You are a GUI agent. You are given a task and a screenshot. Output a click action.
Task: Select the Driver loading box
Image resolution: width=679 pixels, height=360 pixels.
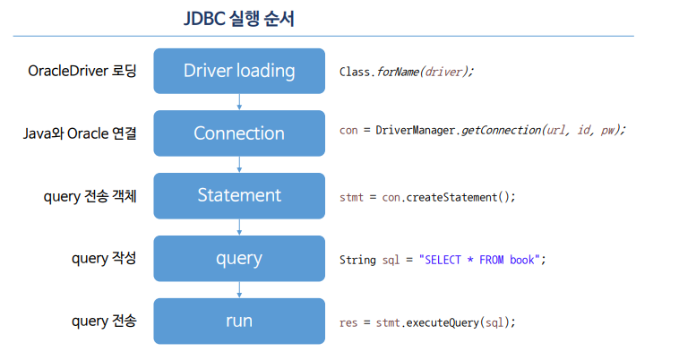tap(238, 71)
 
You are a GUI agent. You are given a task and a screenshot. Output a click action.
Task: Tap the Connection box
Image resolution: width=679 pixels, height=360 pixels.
tap(238, 133)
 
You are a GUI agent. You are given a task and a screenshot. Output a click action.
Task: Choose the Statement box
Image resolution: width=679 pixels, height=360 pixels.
tap(238, 195)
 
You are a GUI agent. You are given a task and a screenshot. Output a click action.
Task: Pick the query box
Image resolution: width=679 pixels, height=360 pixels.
tap(238, 259)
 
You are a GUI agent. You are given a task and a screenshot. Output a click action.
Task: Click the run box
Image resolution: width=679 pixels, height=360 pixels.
tap(238, 321)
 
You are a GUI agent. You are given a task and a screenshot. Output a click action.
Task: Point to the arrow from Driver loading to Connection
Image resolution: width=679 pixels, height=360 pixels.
tap(239, 102)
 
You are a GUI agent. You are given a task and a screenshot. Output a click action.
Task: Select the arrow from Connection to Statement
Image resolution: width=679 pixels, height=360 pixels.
tap(239, 165)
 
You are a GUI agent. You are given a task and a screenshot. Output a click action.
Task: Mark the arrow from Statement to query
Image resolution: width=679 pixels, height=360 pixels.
tap(239, 227)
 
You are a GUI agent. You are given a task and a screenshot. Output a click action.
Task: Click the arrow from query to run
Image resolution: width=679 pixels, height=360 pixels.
tap(239, 290)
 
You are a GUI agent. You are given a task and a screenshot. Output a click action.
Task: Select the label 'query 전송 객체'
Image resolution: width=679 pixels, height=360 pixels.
tap(90, 196)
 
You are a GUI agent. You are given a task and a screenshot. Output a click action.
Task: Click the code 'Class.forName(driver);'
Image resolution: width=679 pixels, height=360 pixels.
tap(406, 72)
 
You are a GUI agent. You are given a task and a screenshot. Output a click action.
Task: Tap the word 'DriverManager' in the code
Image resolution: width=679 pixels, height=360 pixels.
tap(416, 130)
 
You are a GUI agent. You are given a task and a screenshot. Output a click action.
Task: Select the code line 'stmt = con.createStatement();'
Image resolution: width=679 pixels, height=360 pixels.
tap(427, 197)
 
